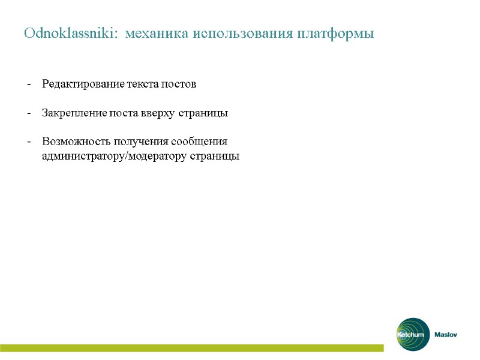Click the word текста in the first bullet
pyautogui.click(x=142, y=84)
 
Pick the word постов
pyautogui.click(x=178, y=84)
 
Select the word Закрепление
pyautogui.click(x=74, y=113)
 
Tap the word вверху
pyautogui.click(x=158, y=113)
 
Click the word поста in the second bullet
pyautogui.click(x=124, y=113)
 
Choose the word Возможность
pyautogui.click(x=76, y=142)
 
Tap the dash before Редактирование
pyautogui.click(x=29, y=85)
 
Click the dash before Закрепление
pyautogui.click(x=29, y=113)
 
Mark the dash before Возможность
pyautogui.click(x=29, y=142)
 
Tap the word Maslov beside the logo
pyautogui.click(x=446, y=335)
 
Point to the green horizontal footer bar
pyautogui.click(x=192, y=348)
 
